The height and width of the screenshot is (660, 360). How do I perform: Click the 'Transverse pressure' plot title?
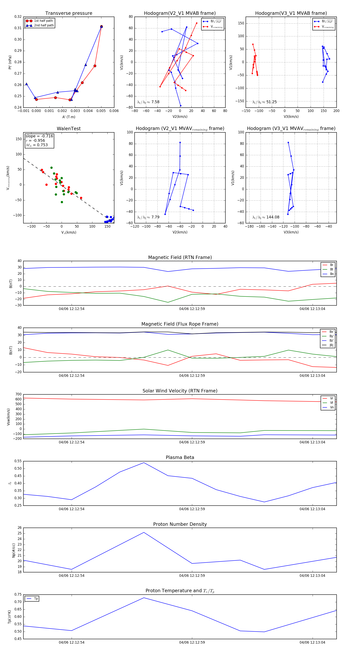point(69,13)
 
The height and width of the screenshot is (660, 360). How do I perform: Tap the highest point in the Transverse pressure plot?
point(101,27)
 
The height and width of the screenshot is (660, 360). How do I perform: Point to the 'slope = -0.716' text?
point(39,136)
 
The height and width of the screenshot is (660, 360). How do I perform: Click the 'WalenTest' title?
point(69,129)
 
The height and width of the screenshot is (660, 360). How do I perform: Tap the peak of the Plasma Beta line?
point(144,463)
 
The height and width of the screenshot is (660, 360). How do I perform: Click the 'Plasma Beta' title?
point(180,457)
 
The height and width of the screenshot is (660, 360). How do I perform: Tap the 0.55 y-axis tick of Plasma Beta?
point(18,461)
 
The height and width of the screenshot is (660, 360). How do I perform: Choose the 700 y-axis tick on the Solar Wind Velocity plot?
point(18,394)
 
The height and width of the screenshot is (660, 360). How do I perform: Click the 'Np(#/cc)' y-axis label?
point(14,550)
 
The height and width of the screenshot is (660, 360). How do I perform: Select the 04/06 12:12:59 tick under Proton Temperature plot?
point(192,642)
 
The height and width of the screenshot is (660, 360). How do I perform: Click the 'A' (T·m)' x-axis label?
point(69,117)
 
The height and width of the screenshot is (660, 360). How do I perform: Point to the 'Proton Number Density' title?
point(180,524)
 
